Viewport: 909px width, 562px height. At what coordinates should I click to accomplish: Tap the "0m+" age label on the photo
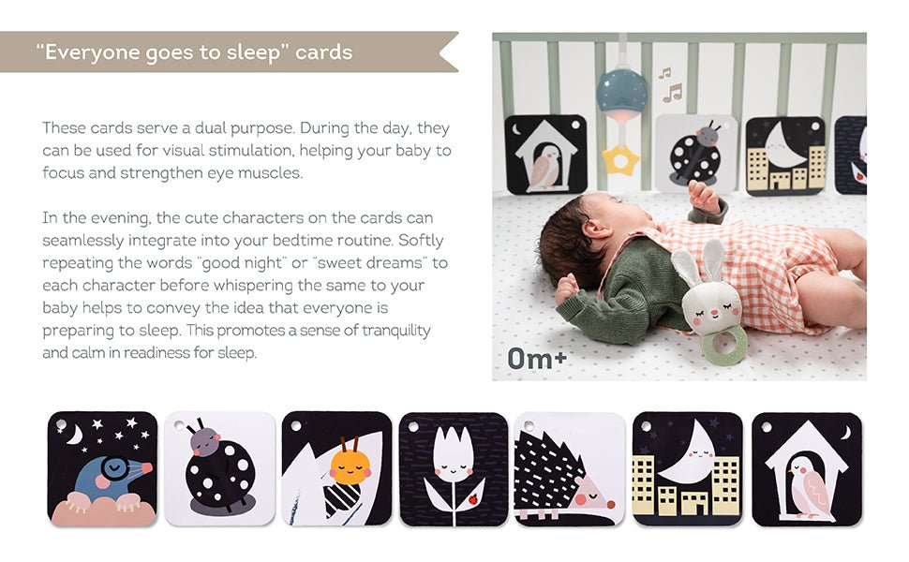[537, 359]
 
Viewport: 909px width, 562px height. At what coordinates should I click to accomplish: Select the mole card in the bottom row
[102, 468]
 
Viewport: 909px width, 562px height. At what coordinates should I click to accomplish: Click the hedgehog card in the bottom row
[570, 469]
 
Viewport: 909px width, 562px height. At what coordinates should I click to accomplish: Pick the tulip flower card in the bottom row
[454, 469]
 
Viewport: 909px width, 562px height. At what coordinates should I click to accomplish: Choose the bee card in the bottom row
[336, 468]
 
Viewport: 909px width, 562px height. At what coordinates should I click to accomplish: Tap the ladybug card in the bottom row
[219, 468]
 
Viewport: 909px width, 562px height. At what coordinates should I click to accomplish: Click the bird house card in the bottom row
[807, 469]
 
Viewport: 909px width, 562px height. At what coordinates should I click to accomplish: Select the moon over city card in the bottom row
[688, 469]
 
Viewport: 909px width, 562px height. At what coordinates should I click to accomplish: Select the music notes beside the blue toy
[670, 85]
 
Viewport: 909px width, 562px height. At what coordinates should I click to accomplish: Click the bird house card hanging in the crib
[546, 155]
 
